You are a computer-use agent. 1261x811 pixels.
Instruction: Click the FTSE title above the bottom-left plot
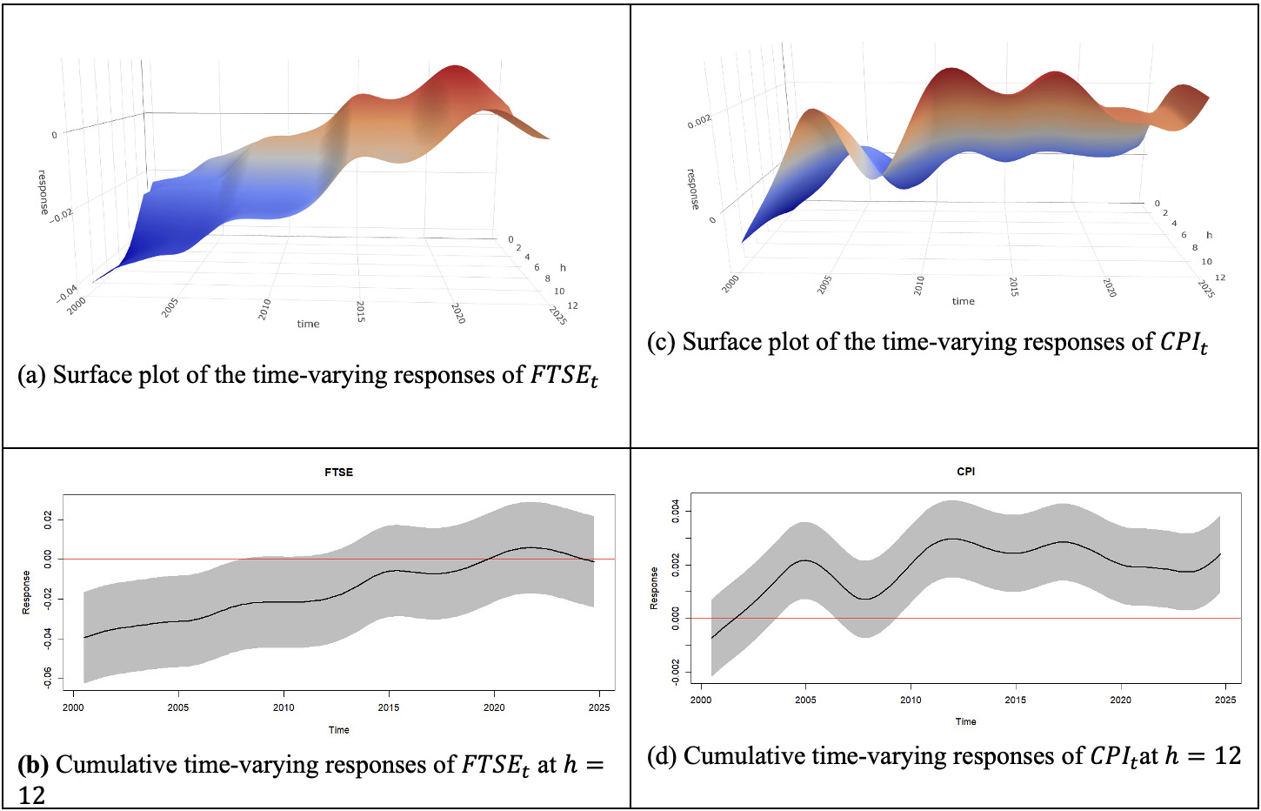click(338, 473)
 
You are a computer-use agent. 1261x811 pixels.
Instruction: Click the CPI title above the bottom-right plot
click(965, 472)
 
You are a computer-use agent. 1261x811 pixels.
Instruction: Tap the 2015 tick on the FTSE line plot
click(389, 707)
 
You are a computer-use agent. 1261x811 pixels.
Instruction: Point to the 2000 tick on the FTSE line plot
click(73, 707)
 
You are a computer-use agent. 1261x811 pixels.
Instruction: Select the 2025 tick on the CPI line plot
click(1224, 700)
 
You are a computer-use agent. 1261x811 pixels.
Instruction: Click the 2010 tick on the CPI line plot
click(911, 700)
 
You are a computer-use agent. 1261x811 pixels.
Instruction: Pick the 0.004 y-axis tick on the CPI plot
click(676, 511)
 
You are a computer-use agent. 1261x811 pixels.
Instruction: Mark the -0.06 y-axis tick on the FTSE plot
click(48, 676)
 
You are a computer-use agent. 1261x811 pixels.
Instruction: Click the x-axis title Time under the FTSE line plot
click(338, 730)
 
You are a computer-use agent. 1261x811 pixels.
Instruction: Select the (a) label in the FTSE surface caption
click(31, 375)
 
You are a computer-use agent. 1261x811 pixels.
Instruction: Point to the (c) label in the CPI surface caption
click(661, 342)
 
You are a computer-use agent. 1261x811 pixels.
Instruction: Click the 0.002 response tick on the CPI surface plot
click(699, 120)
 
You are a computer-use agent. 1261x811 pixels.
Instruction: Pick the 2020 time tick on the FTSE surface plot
click(458, 313)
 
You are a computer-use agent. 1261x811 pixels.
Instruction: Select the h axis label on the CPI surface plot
click(1209, 235)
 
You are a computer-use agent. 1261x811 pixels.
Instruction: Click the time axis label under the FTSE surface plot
click(308, 324)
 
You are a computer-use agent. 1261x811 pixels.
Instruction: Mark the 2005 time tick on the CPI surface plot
click(824, 285)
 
